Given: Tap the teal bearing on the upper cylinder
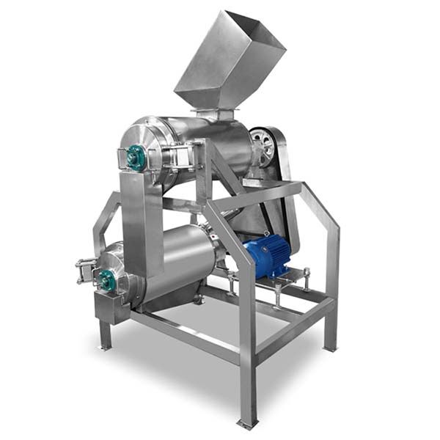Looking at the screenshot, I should coord(135,156).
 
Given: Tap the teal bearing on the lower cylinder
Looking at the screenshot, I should coord(108,279).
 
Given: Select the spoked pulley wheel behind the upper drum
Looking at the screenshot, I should coord(262,147).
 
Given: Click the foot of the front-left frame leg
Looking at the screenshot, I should coord(106,345).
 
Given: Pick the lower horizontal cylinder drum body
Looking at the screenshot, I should coord(176,260).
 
